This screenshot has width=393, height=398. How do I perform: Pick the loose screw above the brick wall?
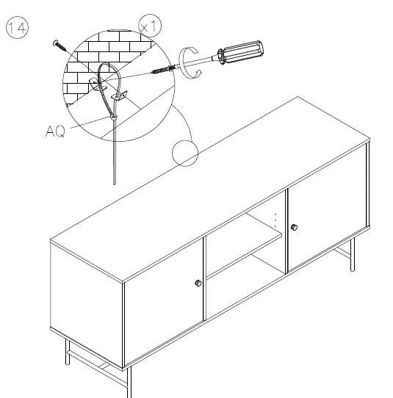pyautogui.click(x=60, y=46)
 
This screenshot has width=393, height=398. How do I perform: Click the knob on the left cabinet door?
pyautogui.click(x=198, y=283)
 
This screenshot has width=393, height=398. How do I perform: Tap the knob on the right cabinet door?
pyautogui.click(x=294, y=227)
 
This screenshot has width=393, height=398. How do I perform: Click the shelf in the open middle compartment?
pyautogui.click(x=242, y=250)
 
